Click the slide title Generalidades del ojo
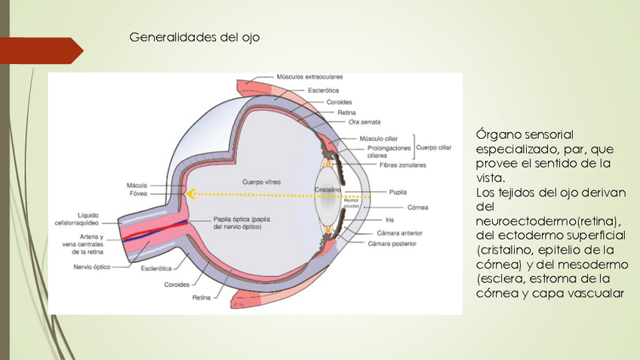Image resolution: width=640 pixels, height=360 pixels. tap(195, 37)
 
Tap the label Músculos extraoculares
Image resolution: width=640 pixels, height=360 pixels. tap(309, 77)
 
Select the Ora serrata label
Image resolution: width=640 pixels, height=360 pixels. tap(365, 122)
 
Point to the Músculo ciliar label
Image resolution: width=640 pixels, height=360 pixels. tap(382, 139)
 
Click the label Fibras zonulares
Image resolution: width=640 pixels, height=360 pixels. tap(403, 165)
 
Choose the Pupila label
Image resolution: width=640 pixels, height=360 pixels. tap(398, 192)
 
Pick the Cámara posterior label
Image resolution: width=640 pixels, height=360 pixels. tap(392, 244)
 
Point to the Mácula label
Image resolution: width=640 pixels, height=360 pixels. tap(137, 185)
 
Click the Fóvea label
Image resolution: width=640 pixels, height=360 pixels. tap(138, 194)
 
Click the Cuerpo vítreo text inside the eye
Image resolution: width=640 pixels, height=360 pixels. tap(260, 182)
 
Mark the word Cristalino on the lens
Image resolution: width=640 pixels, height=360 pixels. tap(329, 189)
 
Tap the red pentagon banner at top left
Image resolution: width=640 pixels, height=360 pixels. tap(41, 50)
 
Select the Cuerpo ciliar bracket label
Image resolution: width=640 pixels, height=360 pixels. tap(435, 148)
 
